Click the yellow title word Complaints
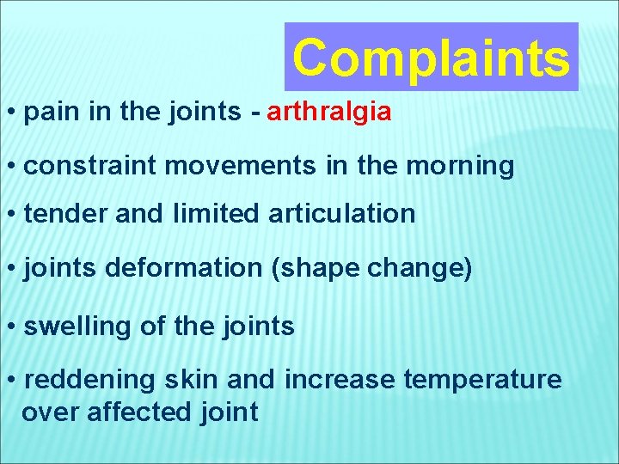(x=431, y=58)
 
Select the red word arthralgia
(x=330, y=113)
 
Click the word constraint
(x=90, y=165)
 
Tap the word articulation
(x=341, y=214)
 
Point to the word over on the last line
(x=48, y=412)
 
